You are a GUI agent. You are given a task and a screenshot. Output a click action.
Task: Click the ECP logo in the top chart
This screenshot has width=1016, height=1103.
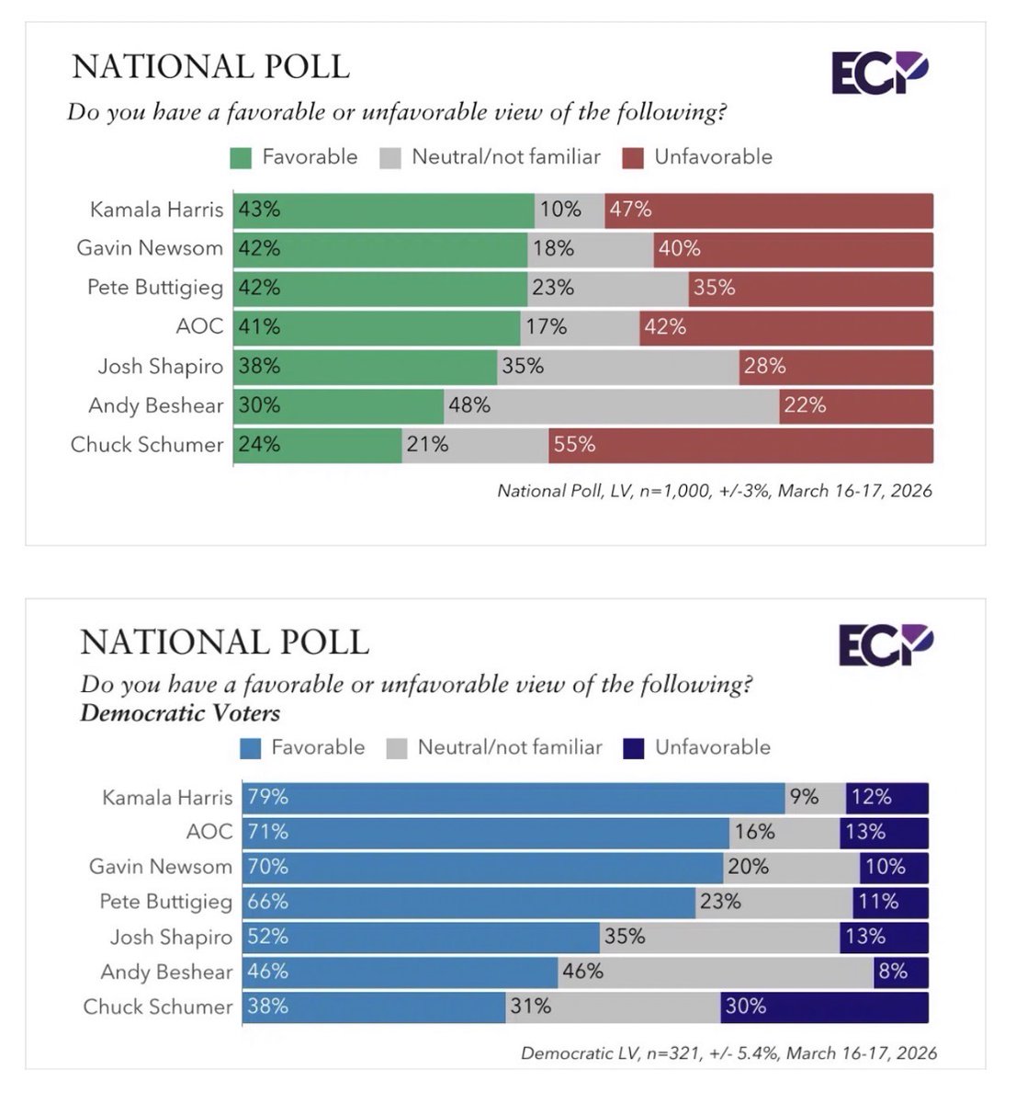point(880,73)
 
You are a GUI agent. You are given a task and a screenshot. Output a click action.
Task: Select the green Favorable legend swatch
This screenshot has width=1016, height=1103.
point(241,158)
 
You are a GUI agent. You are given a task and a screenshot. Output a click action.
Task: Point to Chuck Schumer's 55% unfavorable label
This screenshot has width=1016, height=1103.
point(574,445)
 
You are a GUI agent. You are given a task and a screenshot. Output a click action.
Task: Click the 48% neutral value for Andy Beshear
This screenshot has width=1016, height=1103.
point(468,405)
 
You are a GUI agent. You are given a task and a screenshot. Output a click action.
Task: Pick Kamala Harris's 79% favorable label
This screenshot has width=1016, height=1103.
point(267,797)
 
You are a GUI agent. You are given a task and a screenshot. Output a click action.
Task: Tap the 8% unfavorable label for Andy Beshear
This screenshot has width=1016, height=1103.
point(892,972)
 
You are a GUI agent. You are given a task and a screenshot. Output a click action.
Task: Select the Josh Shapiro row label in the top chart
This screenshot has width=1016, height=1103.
point(160,367)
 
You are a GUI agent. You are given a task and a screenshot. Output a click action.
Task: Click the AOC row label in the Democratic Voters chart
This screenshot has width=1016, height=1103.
point(209,832)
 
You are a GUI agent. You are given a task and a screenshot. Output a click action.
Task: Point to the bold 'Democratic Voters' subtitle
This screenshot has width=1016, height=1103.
point(180,713)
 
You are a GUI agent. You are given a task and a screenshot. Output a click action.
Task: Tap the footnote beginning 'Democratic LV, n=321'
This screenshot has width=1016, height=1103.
point(728,1053)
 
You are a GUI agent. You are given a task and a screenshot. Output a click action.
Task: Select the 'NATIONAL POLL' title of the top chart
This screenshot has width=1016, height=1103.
point(210,67)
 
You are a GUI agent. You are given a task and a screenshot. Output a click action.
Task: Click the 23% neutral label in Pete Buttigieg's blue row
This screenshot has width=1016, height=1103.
point(719,902)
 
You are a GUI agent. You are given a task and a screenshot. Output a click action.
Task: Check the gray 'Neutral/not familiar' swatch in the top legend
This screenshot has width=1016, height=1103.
point(390,158)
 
